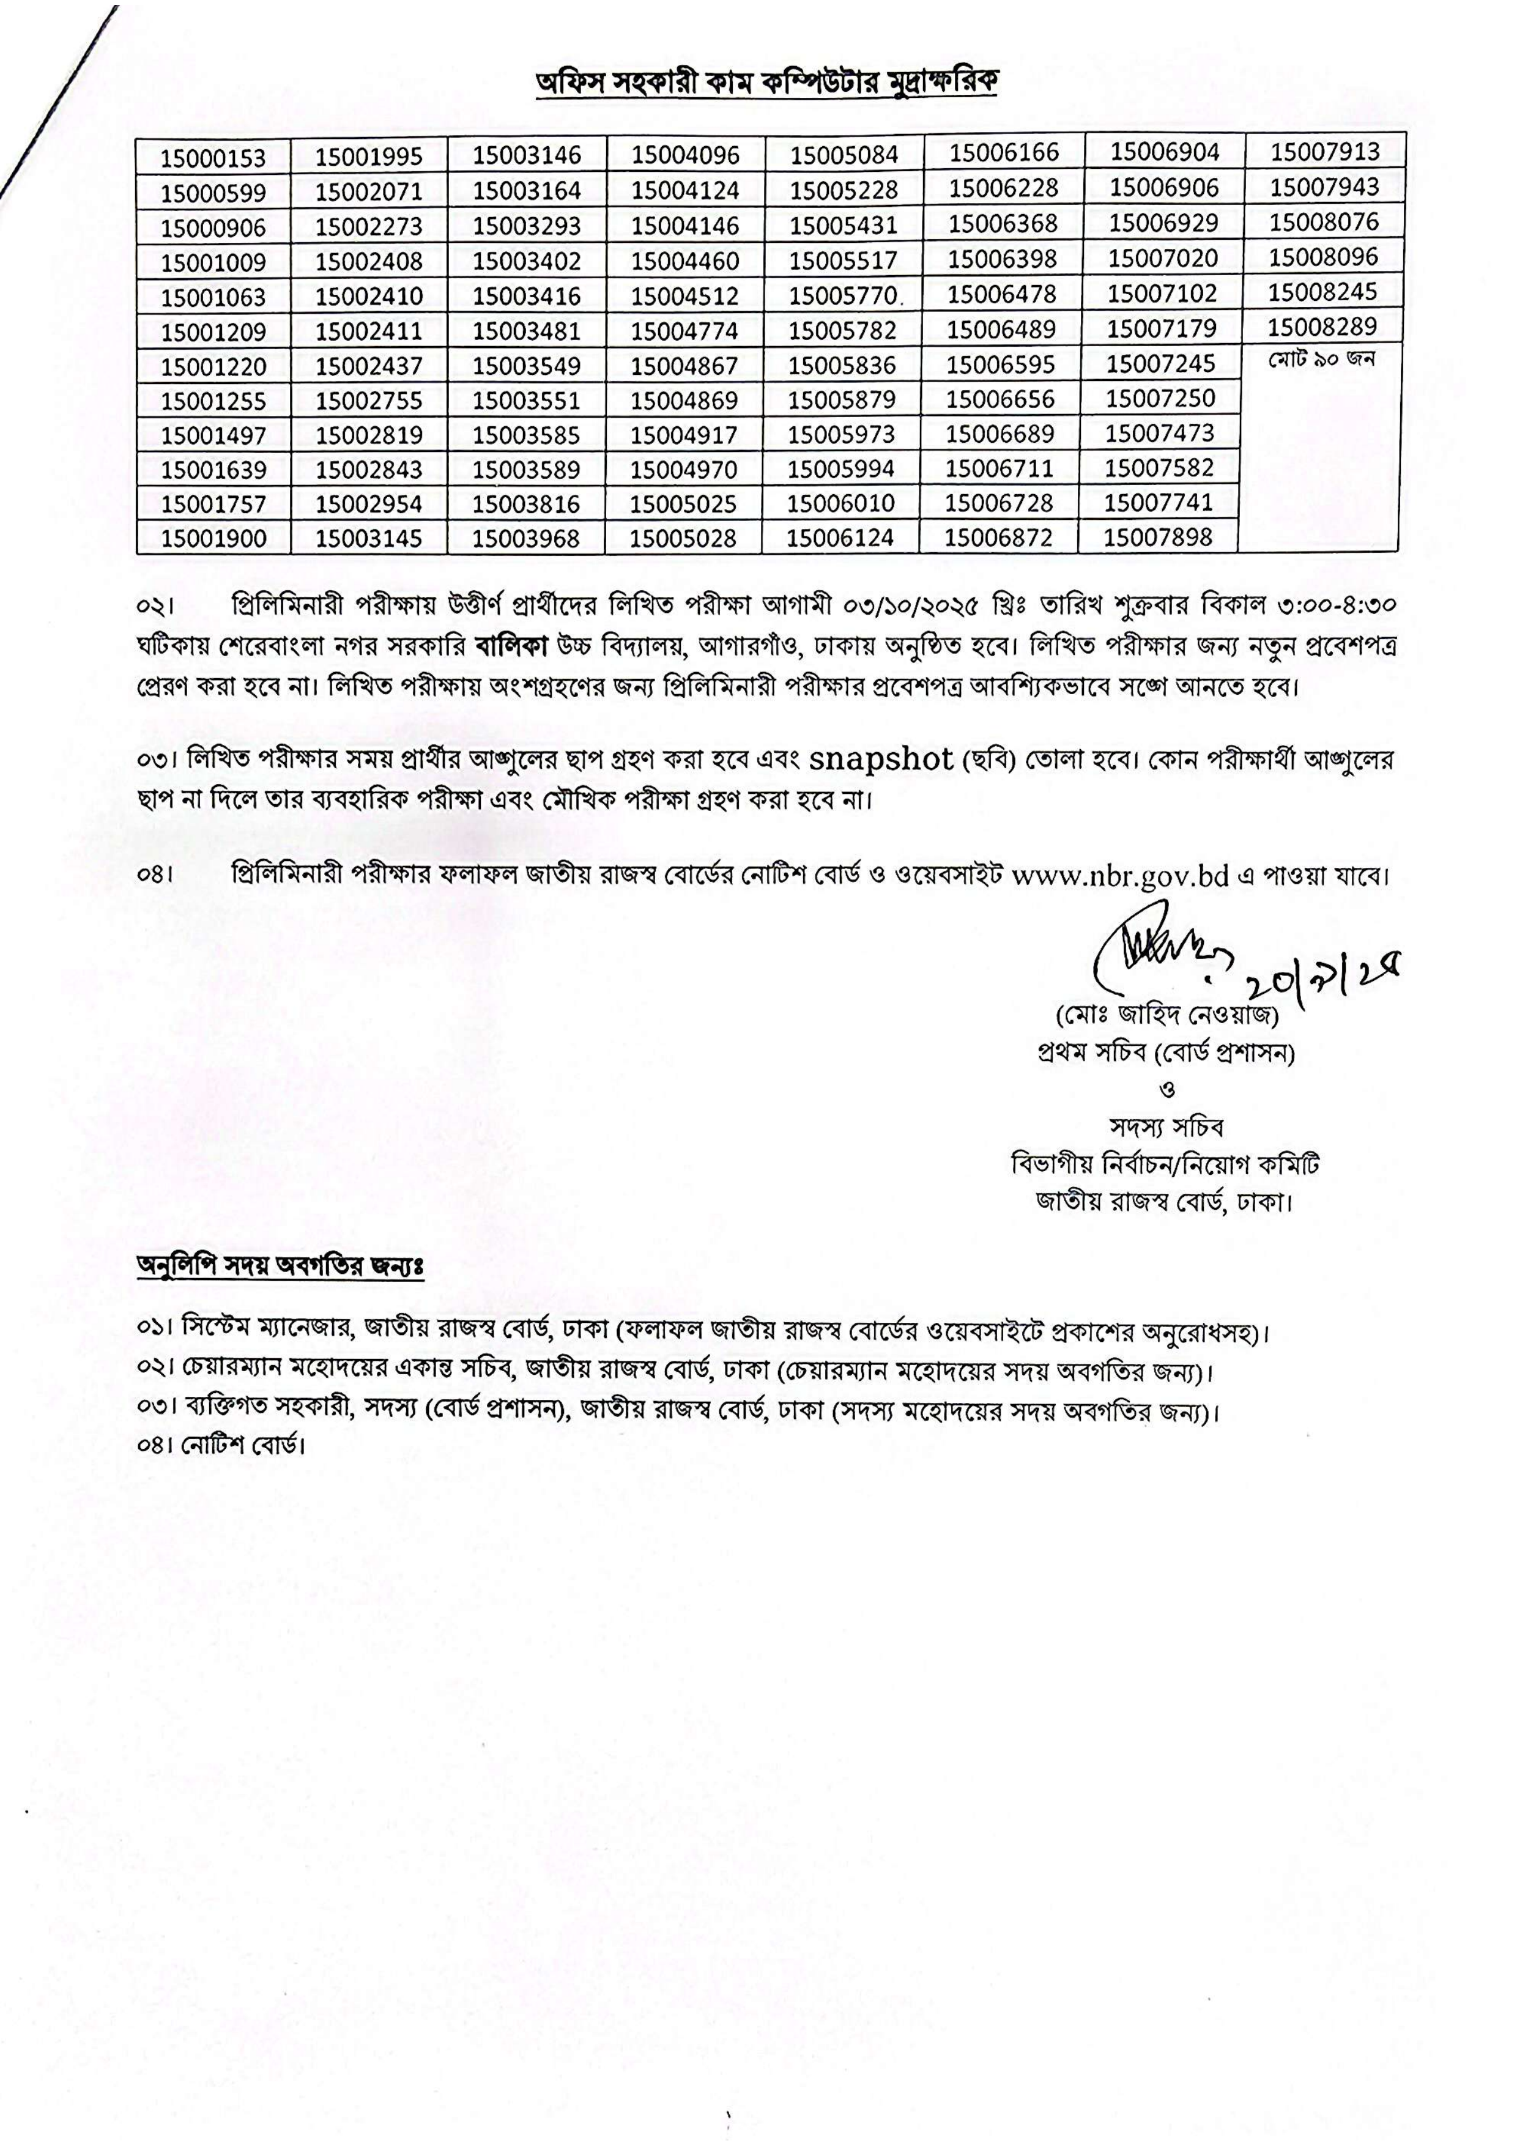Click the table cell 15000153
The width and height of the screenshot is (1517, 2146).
pos(213,158)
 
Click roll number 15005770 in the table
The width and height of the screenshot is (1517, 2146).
pos(843,296)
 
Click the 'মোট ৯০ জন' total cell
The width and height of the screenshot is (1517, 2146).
pos(1322,360)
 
